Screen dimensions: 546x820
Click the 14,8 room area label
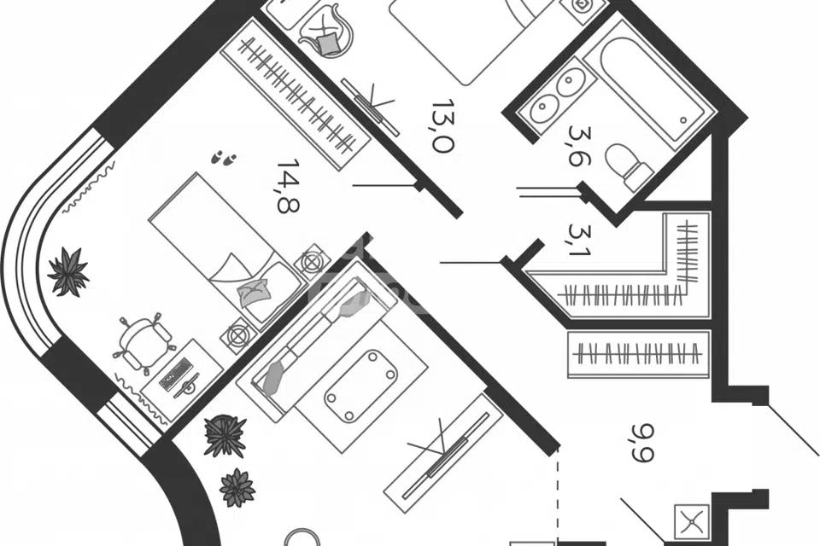(288, 185)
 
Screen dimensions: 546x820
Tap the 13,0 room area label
(442, 126)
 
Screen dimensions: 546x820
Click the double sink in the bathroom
(556, 96)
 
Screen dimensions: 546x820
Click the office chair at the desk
(143, 342)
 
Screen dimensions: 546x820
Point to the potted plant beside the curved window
(68, 272)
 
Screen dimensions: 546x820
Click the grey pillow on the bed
(254, 292)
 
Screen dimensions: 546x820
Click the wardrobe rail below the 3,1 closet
(639, 352)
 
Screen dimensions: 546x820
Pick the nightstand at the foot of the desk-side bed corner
(237, 334)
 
